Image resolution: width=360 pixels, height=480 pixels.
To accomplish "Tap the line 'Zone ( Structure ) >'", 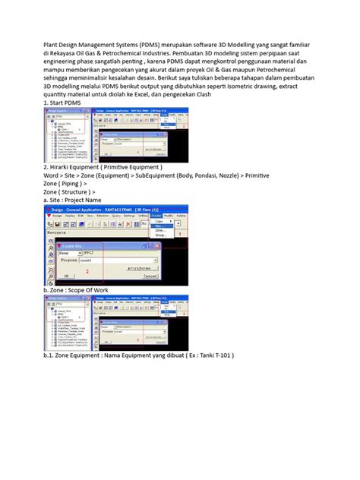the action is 74,195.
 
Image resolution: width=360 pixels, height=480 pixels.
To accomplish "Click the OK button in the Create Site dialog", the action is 66,276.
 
